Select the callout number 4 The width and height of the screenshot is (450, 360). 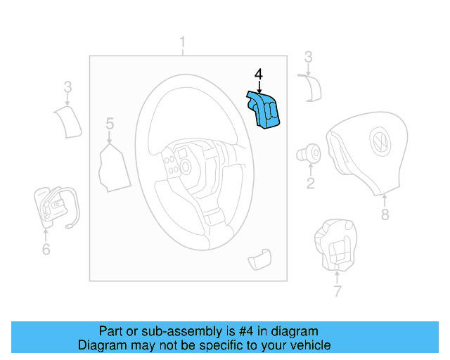point(258,74)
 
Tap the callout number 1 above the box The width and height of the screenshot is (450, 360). point(182,44)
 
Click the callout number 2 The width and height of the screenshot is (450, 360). point(309,184)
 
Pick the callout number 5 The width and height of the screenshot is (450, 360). point(110,124)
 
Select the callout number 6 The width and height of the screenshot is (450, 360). point(46,249)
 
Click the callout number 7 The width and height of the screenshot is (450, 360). point(337,290)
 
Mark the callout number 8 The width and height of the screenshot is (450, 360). point(385,214)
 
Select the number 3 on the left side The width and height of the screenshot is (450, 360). point(67,88)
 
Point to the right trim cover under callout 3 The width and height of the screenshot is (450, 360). point(310,89)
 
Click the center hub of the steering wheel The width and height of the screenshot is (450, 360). point(186,166)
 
